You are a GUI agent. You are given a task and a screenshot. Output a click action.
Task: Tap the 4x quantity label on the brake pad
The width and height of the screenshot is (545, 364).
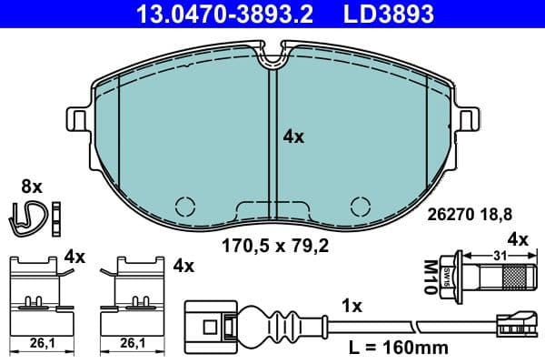tap(293, 136)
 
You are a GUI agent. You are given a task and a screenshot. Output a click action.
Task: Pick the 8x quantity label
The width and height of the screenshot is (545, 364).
tap(32, 186)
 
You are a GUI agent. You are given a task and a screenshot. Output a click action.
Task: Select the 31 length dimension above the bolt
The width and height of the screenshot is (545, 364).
tap(498, 256)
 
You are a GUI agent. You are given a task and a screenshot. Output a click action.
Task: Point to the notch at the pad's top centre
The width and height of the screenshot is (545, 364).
tap(272, 59)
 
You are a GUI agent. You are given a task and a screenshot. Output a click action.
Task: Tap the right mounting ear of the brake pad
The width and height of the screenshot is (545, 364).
tap(470, 120)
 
